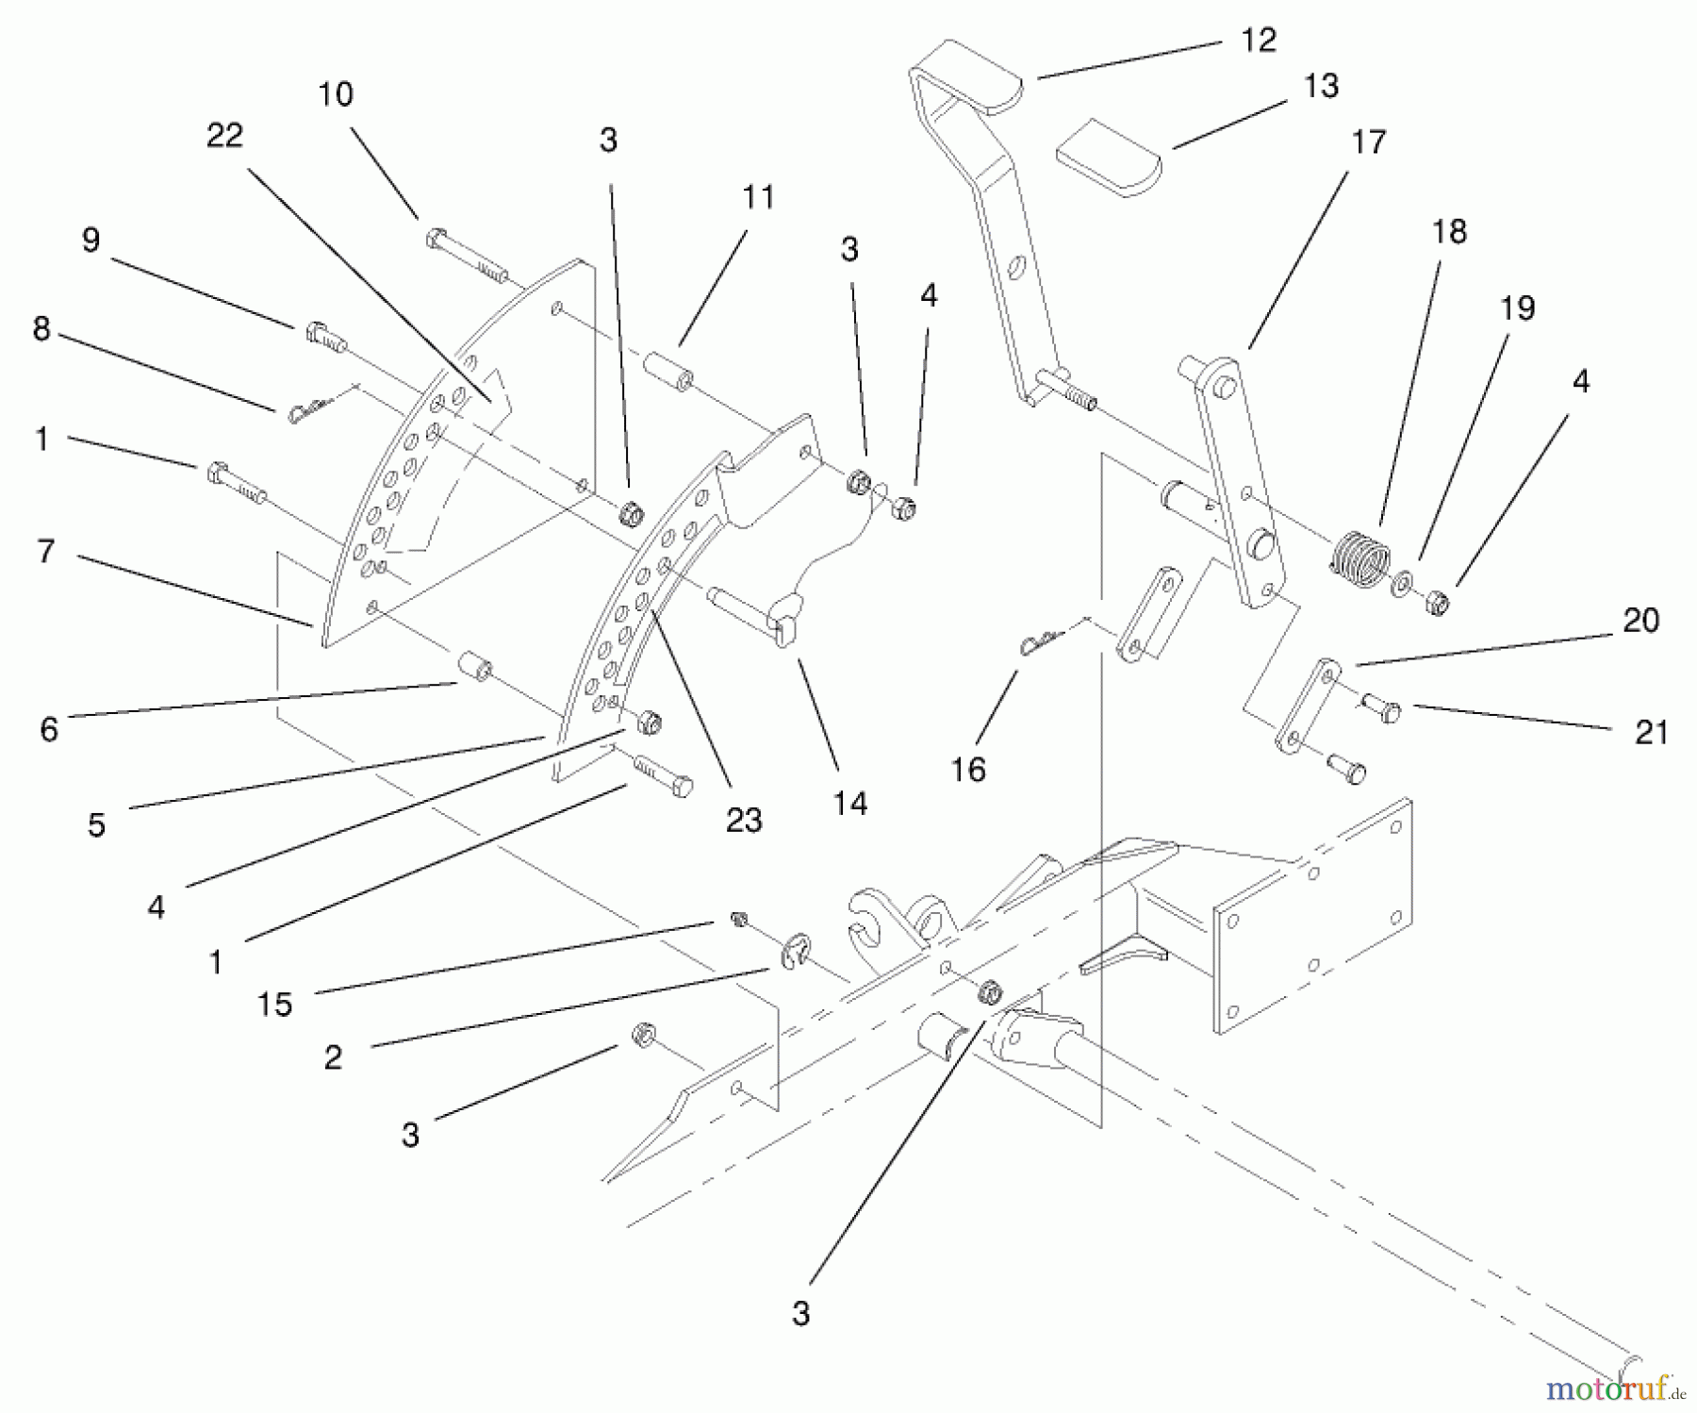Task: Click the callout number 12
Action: pos(1258,41)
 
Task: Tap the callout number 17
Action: pos(1368,142)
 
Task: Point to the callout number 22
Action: pos(224,136)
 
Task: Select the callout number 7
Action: pos(46,551)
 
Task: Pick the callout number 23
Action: pos(743,820)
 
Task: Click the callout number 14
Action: pos(849,804)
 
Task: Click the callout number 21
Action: pos(1651,732)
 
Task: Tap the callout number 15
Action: pos(274,1005)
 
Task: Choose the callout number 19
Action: pos(1517,308)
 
